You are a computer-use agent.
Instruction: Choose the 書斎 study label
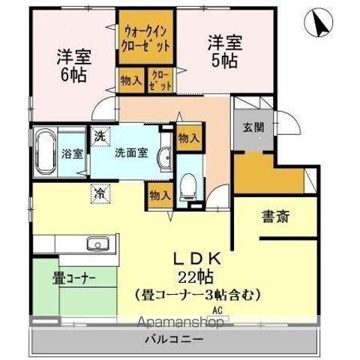tap(276, 217)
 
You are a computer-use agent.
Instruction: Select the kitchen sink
tap(98, 244)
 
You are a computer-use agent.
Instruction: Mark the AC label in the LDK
tap(217, 310)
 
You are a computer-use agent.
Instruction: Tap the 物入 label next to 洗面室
tap(188, 138)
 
